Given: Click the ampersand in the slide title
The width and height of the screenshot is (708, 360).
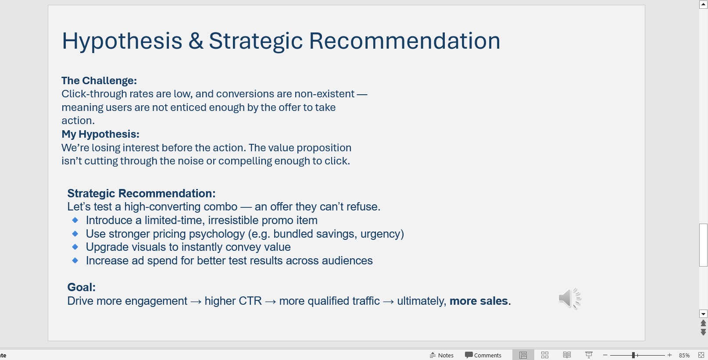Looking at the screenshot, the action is (196, 41).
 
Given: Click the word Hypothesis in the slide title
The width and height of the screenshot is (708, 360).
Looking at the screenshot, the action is (122, 42).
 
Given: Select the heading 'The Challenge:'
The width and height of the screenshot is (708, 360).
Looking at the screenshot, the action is (99, 81).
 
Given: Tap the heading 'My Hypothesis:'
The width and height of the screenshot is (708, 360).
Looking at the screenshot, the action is (100, 134).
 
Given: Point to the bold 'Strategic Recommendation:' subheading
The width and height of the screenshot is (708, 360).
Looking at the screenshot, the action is (141, 193).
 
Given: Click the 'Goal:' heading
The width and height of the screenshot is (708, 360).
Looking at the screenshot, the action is (81, 287).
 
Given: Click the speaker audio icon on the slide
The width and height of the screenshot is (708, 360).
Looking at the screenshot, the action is (569, 298).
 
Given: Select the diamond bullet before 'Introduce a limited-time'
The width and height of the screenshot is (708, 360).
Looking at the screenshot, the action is (75, 220).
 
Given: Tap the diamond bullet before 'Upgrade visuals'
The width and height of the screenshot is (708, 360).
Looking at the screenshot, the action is (75, 246).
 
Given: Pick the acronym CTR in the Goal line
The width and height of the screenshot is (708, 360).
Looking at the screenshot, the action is (250, 301).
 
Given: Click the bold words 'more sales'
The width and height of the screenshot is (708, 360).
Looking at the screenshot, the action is (479, 301).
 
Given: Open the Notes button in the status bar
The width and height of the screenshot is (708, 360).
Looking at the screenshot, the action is (442, 355).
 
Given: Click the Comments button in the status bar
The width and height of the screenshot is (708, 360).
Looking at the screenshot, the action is (483, 355).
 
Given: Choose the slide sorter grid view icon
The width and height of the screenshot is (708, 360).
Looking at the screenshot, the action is (544, 355).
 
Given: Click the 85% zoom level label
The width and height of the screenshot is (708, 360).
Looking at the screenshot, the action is (684, 355).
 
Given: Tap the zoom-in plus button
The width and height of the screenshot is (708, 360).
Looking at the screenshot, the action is (669, 355).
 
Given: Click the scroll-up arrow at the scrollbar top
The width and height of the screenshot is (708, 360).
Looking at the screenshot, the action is (703, 4).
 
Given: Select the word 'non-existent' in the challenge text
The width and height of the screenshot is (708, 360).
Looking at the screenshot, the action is (324, 94).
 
